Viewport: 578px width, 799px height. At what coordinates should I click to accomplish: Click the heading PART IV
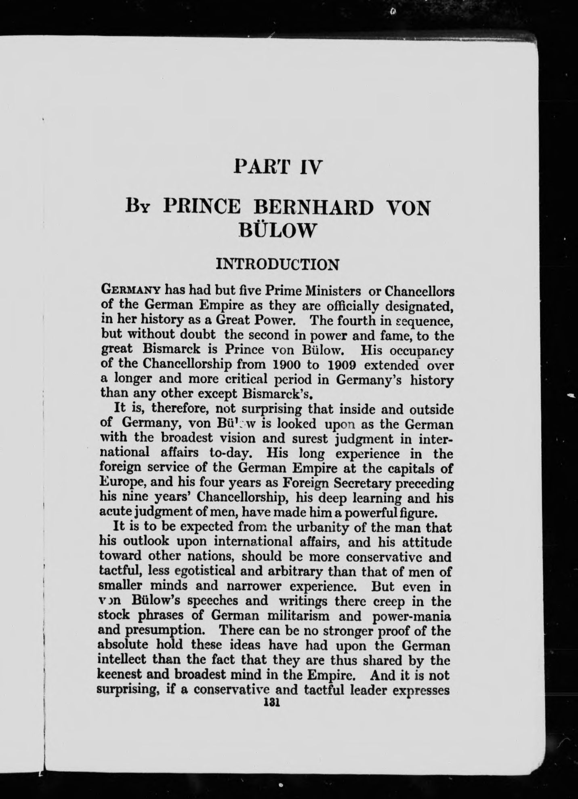pos(278,166)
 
